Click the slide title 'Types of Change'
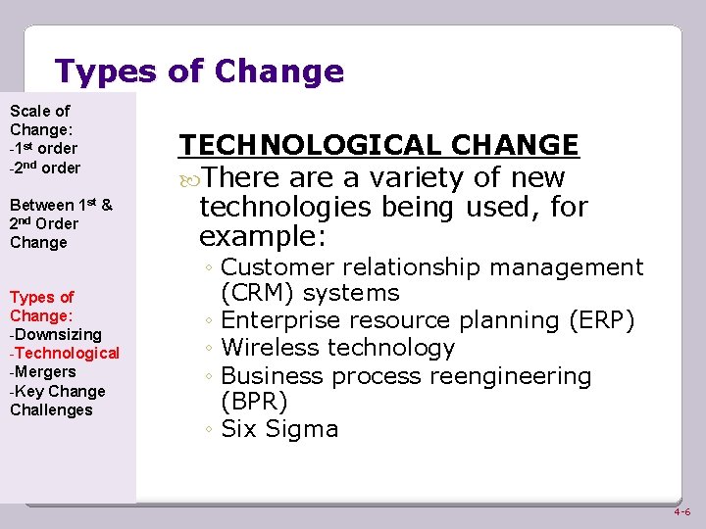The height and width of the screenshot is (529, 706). click(x=199, y=72)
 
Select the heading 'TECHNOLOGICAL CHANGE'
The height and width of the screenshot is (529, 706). click(x=378, y=145)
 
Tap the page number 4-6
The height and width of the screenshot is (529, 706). click(x=681, y=512)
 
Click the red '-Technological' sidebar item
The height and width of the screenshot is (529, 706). click(x=65, y=354)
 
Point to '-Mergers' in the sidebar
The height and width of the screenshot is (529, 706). click(x=42, y=372)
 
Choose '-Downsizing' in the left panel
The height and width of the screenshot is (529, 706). click(x=55, y=335)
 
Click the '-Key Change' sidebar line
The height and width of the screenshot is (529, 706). click(x=57, y=391)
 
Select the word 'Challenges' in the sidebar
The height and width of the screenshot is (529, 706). click(x=51, y=409)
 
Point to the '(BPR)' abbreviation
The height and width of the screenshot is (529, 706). click(x=254, y=402)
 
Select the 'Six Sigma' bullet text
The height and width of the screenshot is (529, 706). click(x=279, y=429)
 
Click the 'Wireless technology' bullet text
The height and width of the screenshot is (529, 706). click(x=338, y=348)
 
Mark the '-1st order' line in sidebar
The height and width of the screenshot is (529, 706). click(x=43, y=148)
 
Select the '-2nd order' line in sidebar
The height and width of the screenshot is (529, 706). click(x=45, y=168)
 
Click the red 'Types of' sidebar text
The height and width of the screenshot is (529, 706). click(x=41, y=297)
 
